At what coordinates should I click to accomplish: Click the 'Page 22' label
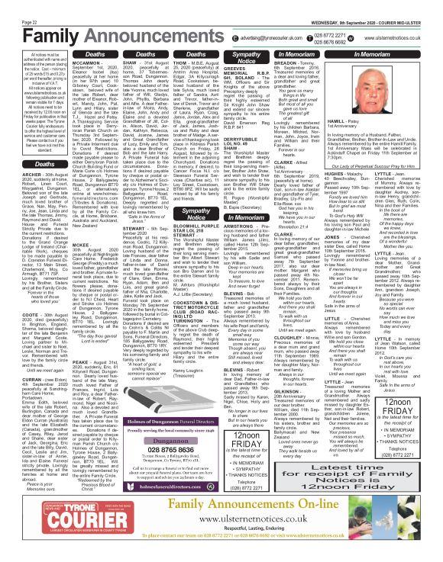pos(11,4)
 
